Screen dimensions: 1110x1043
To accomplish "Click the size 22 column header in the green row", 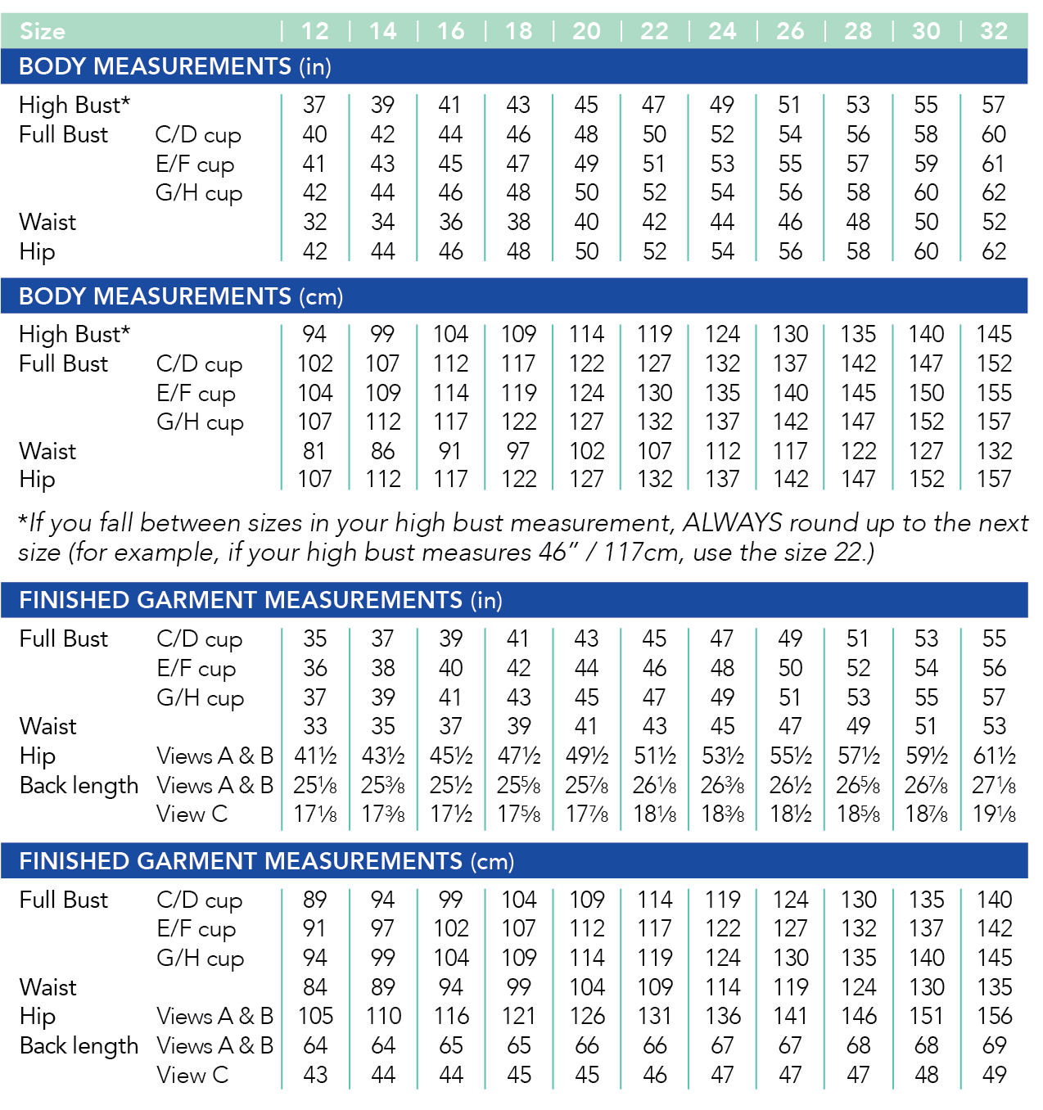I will (654, 31).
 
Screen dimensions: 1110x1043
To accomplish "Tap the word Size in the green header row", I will (43, 32).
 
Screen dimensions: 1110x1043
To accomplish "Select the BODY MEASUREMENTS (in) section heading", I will (174, 66).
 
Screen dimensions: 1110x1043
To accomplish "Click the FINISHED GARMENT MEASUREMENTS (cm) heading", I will (266, 861).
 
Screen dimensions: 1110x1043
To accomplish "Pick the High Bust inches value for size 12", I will (314, 106).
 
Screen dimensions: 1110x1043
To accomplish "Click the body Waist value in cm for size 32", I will (994, 451).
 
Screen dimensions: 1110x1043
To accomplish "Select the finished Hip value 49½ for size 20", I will (587, 756).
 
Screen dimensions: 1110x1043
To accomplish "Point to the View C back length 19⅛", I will (994, 814).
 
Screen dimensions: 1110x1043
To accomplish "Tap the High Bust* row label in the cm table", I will (74, 335).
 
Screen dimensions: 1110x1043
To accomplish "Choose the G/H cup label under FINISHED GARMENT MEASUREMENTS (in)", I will (200, 698).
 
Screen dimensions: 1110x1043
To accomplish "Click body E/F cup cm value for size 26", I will (790, 393).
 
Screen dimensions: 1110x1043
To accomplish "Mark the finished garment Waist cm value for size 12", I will (314, 987).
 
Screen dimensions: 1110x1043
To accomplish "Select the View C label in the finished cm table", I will (192, 1075).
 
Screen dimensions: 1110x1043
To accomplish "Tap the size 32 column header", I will (994, 31).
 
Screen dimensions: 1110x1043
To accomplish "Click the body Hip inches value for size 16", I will (450, 251).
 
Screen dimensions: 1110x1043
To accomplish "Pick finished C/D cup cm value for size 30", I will (926, 900).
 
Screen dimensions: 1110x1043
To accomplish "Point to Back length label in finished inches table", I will (79, 786).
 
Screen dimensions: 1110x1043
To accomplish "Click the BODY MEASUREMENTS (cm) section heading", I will (181, 296).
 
